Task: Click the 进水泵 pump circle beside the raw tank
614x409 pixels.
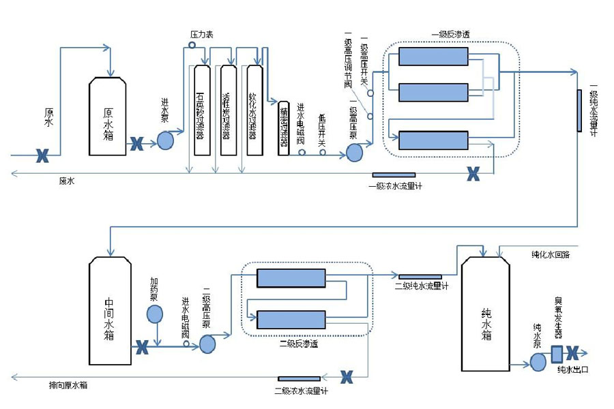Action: [x=166, y=140]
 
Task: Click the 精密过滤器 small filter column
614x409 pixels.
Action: [x=284, y=129]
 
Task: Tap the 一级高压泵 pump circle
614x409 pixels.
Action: [x=355, y=151]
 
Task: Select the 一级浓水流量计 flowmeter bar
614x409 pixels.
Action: [x=394, y=175]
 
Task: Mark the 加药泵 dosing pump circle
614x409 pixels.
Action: [x=155, y=314]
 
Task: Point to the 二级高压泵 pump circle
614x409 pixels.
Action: [x=207, y=344]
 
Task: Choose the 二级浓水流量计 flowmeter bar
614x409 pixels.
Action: [x=299, y=379]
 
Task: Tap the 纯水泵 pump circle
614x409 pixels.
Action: [x=538, y=362]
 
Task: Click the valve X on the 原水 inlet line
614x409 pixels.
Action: [x=42, y=156]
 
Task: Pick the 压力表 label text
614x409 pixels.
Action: [x=201, y=34]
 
